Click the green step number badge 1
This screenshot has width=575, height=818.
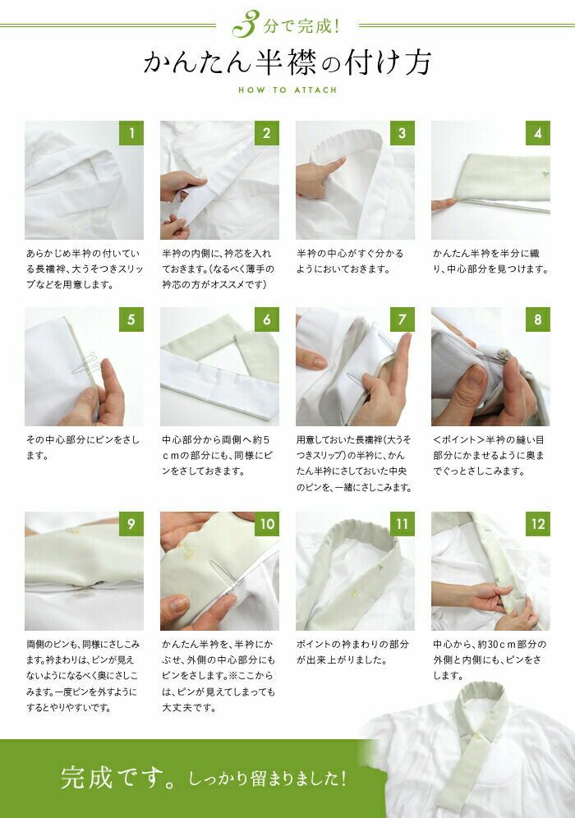click(131, 133)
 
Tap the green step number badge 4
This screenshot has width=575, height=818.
click(537, 133)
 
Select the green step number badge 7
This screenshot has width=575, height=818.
click(402, 319)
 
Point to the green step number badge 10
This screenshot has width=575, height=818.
click(267, 524)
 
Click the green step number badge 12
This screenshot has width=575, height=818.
click(537, 524)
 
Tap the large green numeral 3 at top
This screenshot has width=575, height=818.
click(246, 24)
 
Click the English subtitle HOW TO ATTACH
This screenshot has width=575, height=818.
click(287, 90)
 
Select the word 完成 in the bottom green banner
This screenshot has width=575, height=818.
click(86, 777)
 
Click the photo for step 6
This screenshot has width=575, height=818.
click(219, 366)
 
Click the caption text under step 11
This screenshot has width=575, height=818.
click(352, 652)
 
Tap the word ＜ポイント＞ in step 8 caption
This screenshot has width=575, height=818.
click(458, 439)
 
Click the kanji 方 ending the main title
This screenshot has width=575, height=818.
click(416, 62)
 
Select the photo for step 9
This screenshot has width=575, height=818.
click(84, 571)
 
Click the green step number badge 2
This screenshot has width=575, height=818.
click(267, 133)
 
